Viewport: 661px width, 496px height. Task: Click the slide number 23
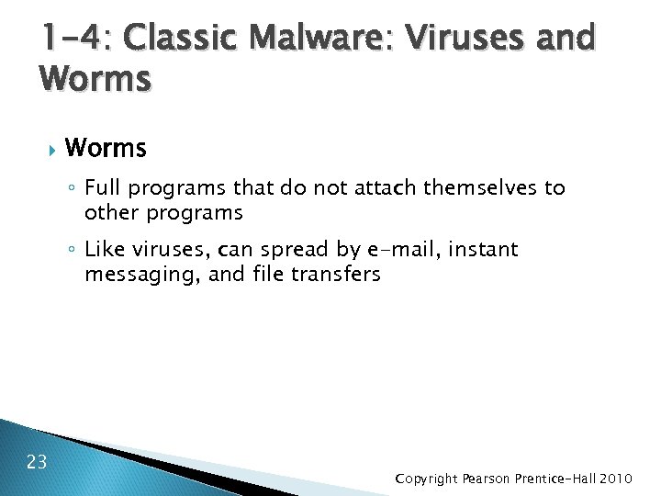[38, 460]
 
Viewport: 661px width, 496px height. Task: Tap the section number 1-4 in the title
[70, 39]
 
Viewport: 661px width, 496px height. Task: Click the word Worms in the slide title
[95, 80]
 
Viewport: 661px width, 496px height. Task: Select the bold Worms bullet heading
[106, 147]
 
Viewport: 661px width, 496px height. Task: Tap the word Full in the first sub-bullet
[104, 188]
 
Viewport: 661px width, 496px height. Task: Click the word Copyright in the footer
[428, 479]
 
